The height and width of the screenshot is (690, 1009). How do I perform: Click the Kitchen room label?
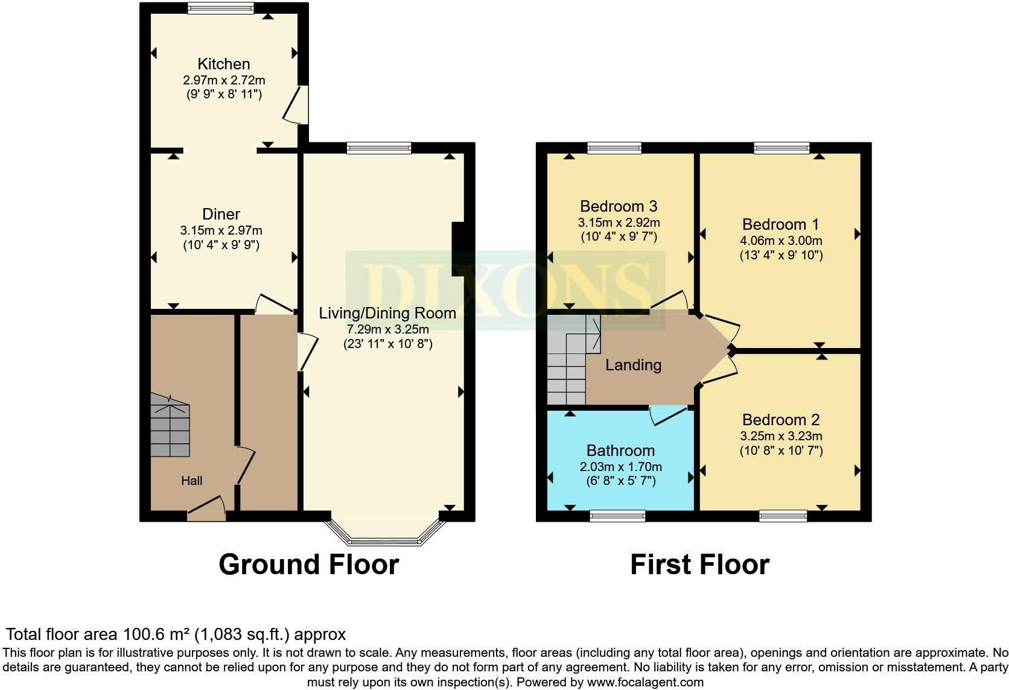coord(223,64)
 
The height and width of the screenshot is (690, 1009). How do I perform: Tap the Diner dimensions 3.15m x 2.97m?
coord(221,230)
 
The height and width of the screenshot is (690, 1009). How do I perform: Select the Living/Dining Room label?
coord(387,313)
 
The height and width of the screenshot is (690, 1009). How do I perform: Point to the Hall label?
coord(191,481)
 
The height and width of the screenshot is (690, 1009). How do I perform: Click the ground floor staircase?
coord(170,425)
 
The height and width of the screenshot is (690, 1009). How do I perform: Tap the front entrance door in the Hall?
coord(206,508)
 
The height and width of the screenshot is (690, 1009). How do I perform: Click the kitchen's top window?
coord(221,8)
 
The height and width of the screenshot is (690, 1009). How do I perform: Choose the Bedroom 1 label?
coord(780,224)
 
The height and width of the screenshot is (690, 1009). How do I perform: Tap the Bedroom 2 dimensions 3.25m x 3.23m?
coord(781,435)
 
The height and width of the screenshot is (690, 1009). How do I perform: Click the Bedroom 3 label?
coord(619,206)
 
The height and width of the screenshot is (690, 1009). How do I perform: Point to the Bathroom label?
coord(620,451)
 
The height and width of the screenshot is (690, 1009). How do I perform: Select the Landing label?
coord(633,364)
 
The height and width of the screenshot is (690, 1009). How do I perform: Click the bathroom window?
coord(617,516)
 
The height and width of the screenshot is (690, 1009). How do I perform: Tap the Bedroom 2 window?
coord(783,516)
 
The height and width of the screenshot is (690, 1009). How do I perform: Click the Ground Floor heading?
coord(309,565)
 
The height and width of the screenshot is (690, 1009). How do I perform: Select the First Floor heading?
coord(700,565)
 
